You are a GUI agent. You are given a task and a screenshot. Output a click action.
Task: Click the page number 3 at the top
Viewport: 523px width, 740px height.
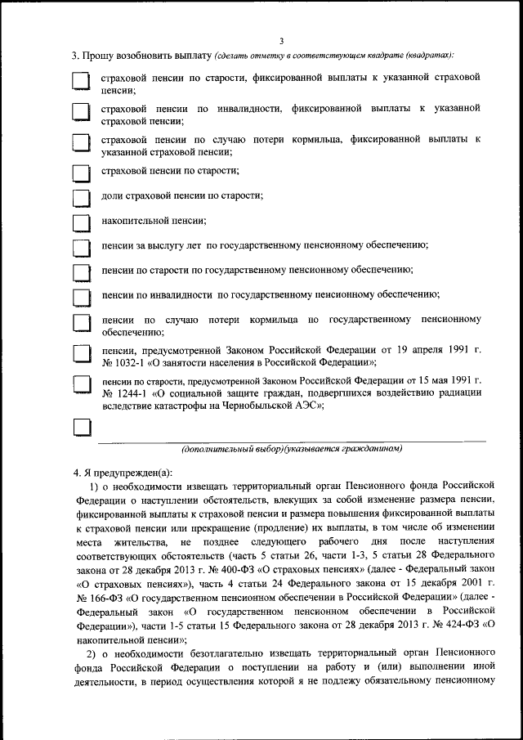pos(280,42)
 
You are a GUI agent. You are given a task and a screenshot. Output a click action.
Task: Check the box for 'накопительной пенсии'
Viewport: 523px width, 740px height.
pos(81,222)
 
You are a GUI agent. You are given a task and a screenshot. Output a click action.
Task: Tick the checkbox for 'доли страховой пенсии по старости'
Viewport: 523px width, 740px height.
pos(81,198)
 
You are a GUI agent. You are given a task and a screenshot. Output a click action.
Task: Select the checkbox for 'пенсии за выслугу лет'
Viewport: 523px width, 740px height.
pos(81,247)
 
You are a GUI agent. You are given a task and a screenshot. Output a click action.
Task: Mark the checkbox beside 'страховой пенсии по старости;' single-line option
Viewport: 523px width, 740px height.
pos(81,173)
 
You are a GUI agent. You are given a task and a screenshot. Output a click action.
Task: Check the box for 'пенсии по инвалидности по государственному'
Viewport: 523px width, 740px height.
pos(81,297)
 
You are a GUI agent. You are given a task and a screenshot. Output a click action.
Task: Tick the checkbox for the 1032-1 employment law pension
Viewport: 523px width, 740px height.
pos(81,353)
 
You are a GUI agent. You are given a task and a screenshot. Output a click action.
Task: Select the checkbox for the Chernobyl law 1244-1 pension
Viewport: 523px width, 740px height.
pos(81,384)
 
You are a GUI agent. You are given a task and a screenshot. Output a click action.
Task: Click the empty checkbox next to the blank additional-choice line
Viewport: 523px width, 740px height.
pos(81,428)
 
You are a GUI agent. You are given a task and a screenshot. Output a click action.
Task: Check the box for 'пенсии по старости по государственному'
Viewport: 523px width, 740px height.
pos(81,271)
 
